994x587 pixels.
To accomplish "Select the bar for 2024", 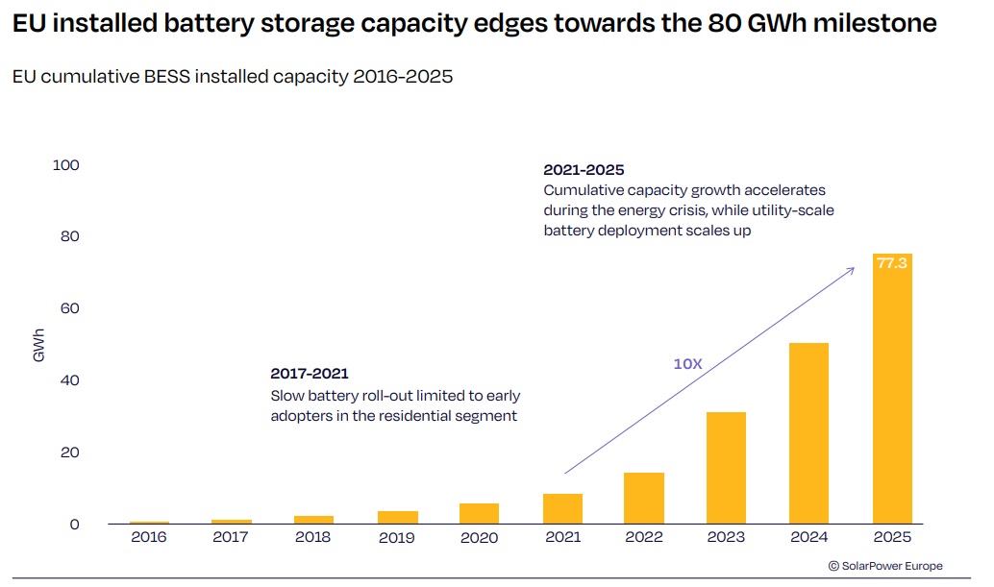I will [808, 433].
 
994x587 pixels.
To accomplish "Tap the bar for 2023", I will [726, 468].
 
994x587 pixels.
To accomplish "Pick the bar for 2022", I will [643, 499].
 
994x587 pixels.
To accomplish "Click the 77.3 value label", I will [892, 262].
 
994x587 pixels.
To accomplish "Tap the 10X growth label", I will [688, 364].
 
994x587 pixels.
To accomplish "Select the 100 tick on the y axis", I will [66, 165].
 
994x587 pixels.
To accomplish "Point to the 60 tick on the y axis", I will [66, 308].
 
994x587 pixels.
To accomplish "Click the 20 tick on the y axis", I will [66, 452].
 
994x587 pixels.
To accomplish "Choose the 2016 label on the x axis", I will [149, 537].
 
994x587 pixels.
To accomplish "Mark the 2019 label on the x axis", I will [396, 537].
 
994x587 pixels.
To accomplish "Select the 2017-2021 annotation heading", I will [309, 374].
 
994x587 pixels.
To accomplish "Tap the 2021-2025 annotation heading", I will [584, 170].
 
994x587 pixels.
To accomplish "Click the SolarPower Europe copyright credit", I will [885, 566].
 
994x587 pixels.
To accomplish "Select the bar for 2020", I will [479, 514].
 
